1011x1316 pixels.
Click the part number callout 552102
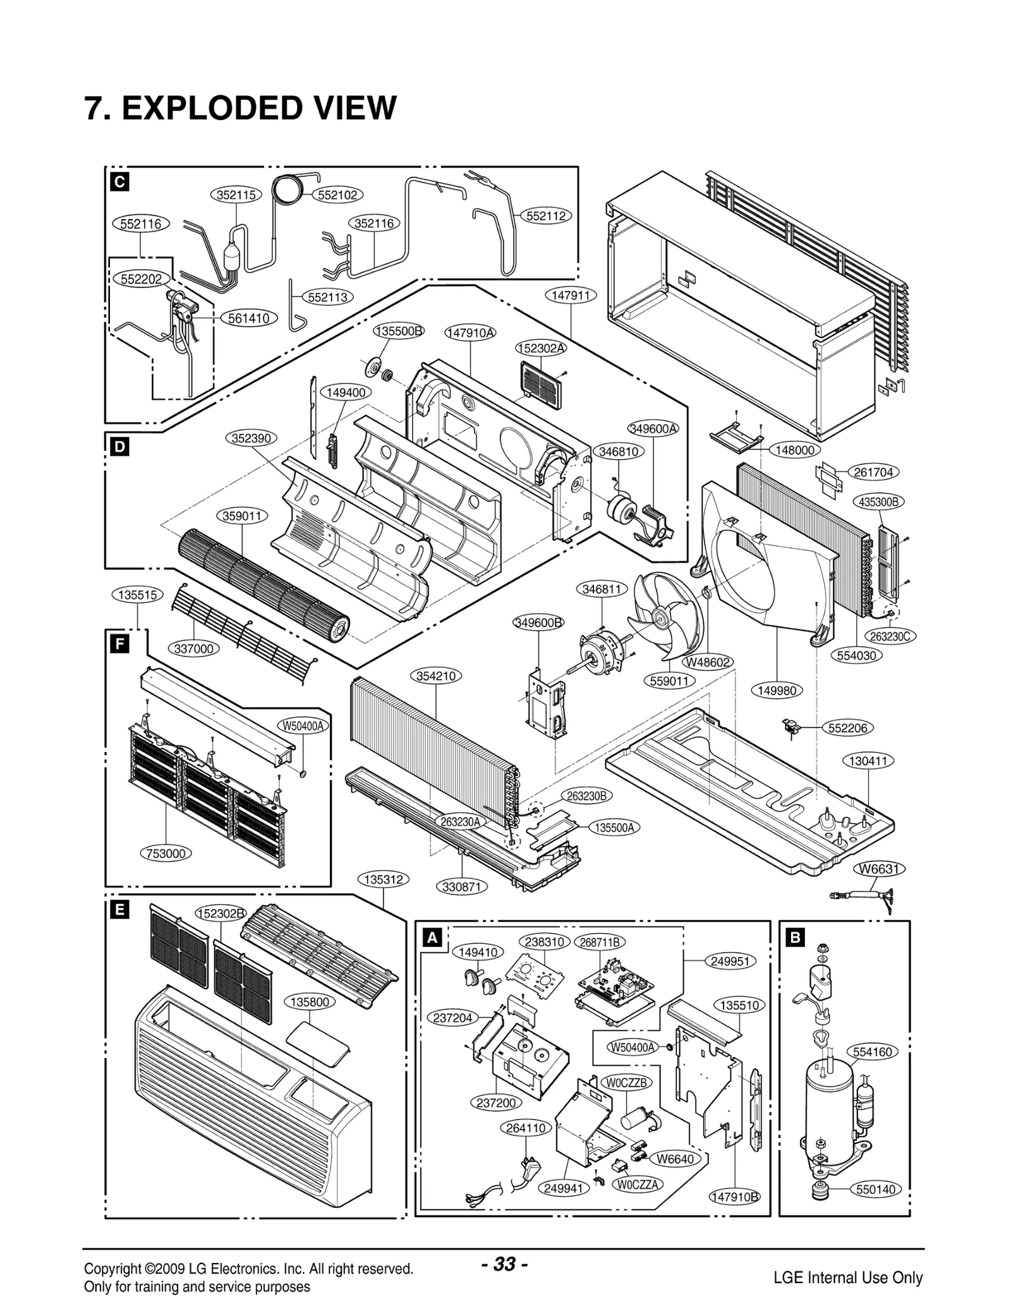coord(337,195)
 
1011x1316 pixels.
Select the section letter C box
coord(118,182)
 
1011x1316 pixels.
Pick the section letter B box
coord(795,938)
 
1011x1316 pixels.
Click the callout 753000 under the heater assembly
coord(166,854)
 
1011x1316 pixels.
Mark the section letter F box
coord(118,644)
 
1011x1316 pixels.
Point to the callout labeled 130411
coord(868,761)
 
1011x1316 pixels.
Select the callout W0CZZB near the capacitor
coord(627,1082)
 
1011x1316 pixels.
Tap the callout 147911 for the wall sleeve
coord(570,295)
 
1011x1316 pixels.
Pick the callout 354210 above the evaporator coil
coord(436,676)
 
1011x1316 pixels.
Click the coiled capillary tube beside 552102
coord(289,189)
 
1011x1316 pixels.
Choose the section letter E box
coord(118,910)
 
